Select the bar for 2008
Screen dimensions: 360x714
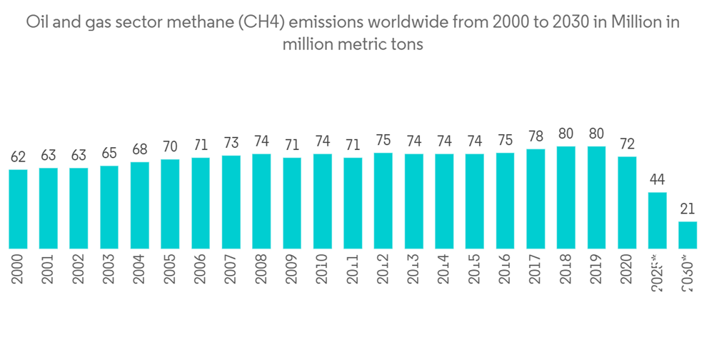click(261, 201)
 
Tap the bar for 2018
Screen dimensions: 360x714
click(566, 197)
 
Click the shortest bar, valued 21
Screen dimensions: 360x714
click(688, 235)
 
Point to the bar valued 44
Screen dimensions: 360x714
click(657, 220)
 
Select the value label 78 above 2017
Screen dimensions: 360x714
click(535, 136)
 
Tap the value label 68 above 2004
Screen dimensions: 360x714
click(139, 149)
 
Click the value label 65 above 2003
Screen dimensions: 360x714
click(109, 154)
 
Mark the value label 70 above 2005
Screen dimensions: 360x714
click(170, 147)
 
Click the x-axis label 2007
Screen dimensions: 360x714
click(231, 268)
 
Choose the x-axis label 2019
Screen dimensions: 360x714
click(596, 268)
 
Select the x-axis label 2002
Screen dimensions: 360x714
click(79, 268)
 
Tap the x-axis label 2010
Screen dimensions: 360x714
click(322, 268)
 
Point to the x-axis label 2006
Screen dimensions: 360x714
click(201, 268)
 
